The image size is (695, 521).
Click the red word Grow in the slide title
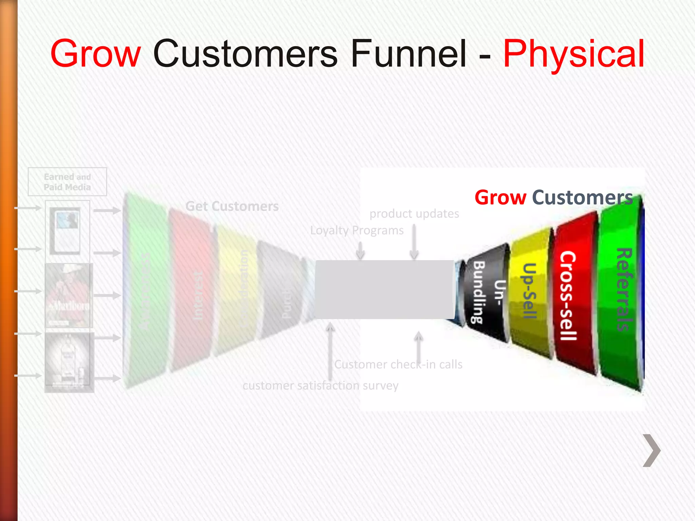(x=95, y=54)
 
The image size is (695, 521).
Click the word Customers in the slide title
(x=245, y=54)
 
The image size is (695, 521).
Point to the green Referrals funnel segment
(x=621, y=292)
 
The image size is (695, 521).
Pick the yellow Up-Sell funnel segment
(x=531, y=292)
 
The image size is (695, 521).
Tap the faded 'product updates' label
(x=414, y=214)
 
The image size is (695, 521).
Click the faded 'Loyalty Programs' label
(x=357, y=231)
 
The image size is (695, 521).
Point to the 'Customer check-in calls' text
(x=398, y=364)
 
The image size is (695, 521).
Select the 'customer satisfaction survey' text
(x=320, y=386)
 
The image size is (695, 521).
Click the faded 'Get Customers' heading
(x=232, y=206)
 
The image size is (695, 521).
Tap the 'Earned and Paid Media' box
(x=67, y=182)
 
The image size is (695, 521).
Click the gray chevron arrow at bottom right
(x=652, y=450)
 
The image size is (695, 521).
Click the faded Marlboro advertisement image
(x=69, y=295)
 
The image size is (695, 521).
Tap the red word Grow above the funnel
(x=500, y=197)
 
